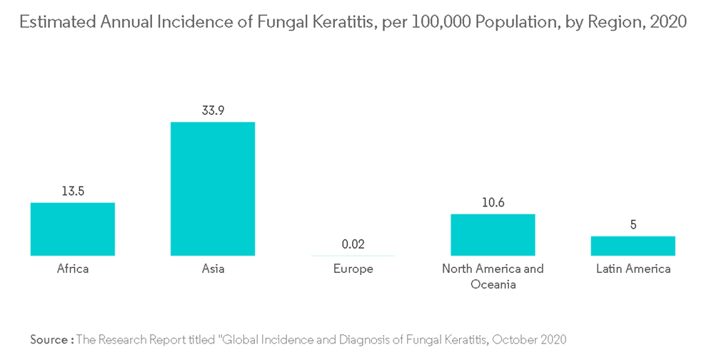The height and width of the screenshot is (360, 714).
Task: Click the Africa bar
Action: coord(73,229)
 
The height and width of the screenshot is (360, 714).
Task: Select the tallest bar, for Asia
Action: coord(213,189)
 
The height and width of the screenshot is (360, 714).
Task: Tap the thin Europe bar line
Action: coord(353,255)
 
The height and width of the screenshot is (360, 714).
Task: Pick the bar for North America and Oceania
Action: coord(493,234)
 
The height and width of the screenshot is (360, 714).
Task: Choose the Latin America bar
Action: coord(633,246)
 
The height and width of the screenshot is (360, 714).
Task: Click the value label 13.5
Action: coord(73,191)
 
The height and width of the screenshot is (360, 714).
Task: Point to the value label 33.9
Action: coord(213,111)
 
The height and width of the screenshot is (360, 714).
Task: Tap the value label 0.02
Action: coord(353,244)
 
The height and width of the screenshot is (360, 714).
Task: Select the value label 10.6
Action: coord(493,203)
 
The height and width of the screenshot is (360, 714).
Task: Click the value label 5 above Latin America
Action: coord(633,225)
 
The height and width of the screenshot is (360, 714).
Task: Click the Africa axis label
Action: coord(73,269)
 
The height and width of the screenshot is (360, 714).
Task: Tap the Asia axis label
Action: coord(213,269)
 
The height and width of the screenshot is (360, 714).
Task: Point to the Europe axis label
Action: coord(353,269)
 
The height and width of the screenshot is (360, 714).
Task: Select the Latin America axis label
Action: coord(633,269)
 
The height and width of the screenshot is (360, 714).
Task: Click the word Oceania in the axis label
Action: coord(493,284)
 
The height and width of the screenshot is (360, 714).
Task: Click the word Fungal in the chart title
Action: coord(251,22)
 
